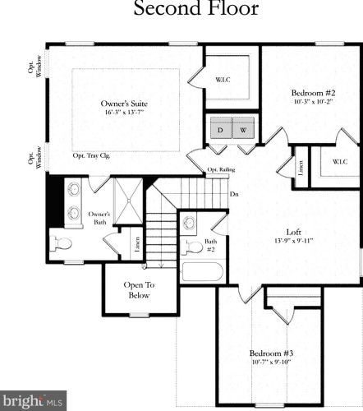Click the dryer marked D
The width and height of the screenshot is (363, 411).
click(221, 128)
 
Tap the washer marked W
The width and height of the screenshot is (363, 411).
click(243, 128)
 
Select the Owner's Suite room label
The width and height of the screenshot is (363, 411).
click(124, 104)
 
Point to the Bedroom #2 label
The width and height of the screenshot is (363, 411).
click(313, 93)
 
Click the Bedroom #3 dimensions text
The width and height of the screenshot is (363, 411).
click(271, 362)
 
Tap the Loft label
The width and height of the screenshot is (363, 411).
click(294, 232)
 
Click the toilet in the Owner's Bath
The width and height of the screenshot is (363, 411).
click(61, 243)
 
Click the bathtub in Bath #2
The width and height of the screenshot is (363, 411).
click(203, 271)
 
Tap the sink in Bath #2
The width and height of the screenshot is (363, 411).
click(189, 222)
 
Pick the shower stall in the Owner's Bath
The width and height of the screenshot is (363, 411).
click(128, 201)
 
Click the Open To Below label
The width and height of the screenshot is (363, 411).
click(139, 290)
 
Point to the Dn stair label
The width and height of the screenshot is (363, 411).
click(234, 194)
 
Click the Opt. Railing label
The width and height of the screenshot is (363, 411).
click(221, 169)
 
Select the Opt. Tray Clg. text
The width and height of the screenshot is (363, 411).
click(91, 155)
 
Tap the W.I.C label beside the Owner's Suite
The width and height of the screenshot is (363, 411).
click(223, 80)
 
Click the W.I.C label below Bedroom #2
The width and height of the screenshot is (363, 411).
click(340, 162)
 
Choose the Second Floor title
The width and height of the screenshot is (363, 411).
click(196, 8)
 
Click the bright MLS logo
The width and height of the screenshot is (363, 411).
click(33, 400)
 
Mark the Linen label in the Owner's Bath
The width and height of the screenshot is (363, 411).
click(137, 244)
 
